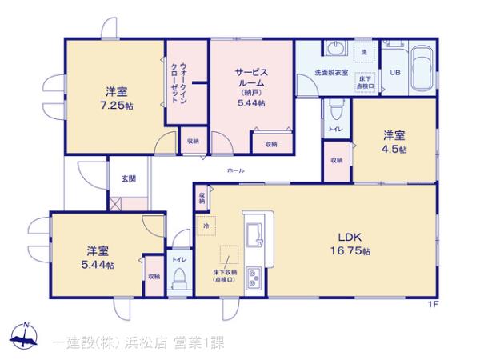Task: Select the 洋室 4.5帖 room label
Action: coord(394,142)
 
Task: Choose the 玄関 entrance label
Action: coord(129,178)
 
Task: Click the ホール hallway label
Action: coord(236,170)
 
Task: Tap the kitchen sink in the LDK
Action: coord(257,233)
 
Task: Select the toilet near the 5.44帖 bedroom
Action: coord(179,280)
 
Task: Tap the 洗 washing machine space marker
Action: coord(364,52)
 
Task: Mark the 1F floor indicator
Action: coord(431,302)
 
